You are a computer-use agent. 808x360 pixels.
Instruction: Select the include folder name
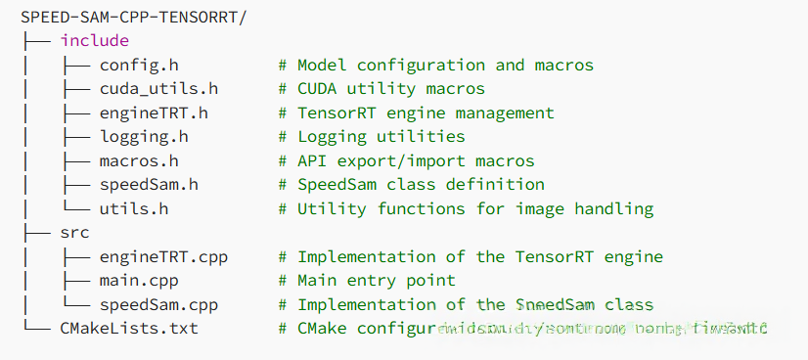click(x=94, y=41)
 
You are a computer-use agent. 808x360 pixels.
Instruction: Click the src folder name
click(x=74, y=233)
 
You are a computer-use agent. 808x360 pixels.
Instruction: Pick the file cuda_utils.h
click(x=158, y=89)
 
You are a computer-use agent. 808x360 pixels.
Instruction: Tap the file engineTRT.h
click(x=154, y=113)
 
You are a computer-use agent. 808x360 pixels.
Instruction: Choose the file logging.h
click(x=144, y=137)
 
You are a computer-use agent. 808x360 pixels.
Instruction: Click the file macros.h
click(x=139, y=160)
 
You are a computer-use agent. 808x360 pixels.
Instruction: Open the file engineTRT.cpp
click(x=163, y=256)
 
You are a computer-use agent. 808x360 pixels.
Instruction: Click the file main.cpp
click(x=139, y=281)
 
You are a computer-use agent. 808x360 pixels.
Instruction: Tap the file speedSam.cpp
click(x=158, y=304)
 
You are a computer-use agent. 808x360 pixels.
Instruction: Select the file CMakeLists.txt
click(x=129, y=329)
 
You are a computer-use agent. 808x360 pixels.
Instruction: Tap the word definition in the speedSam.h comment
click(x=495, y=185)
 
